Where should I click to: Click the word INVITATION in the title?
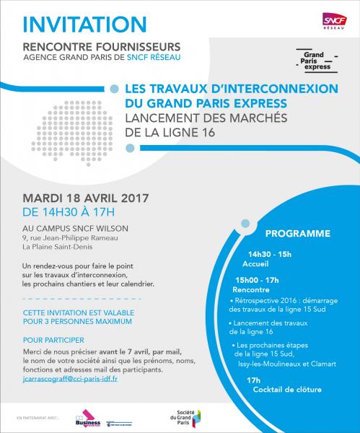pyautogui.click(x=86, y=22)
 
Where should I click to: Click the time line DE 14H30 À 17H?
pyautogui.click(x=69, y=213)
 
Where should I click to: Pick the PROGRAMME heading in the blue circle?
pyautogui.click(x=297, y=234)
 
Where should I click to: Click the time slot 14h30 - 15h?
pyautogui.click(x=270, y=255)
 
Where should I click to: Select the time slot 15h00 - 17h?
pyautogui.click(x=258, y=279)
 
